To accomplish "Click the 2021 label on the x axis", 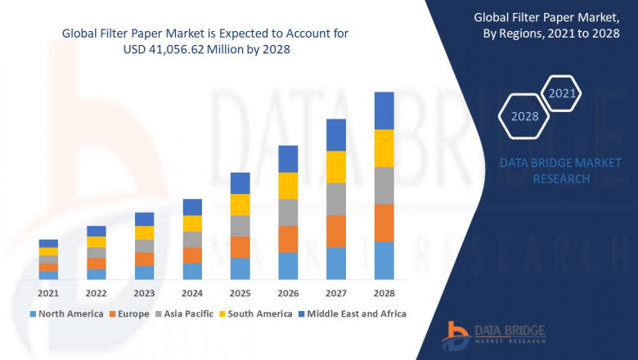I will point(48,293).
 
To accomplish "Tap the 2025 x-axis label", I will point(240,293).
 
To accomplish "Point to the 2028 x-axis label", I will point(384,293).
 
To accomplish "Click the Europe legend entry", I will point(133,313).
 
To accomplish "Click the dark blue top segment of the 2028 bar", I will point(384,110).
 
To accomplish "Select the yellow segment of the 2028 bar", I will point(384,148).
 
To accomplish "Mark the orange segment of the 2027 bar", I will point(336,232).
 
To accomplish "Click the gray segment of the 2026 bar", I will point(288,212).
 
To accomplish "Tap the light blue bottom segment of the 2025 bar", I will point(240,269).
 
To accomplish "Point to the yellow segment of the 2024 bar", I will point(192,223).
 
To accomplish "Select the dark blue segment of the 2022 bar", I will point(97,231).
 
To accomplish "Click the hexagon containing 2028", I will point(524,116).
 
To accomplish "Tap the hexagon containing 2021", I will point(562,94).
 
